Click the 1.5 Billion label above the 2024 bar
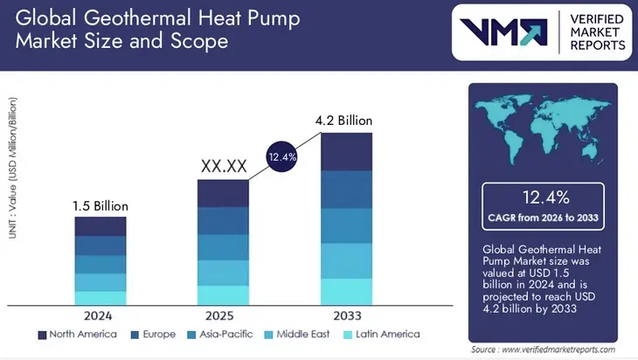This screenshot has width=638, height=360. (101, 206)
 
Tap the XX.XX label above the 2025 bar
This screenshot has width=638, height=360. (223, 166)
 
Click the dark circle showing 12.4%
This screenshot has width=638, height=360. (283, 157)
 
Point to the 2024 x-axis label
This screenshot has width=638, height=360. (101, 316)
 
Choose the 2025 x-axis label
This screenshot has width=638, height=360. (223, 316)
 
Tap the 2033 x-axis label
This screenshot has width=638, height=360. (346, 316)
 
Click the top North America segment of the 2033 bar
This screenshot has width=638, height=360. (346, 151)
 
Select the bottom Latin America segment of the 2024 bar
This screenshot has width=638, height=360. (101, 298)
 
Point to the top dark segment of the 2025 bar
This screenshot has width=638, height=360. (223, 193)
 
